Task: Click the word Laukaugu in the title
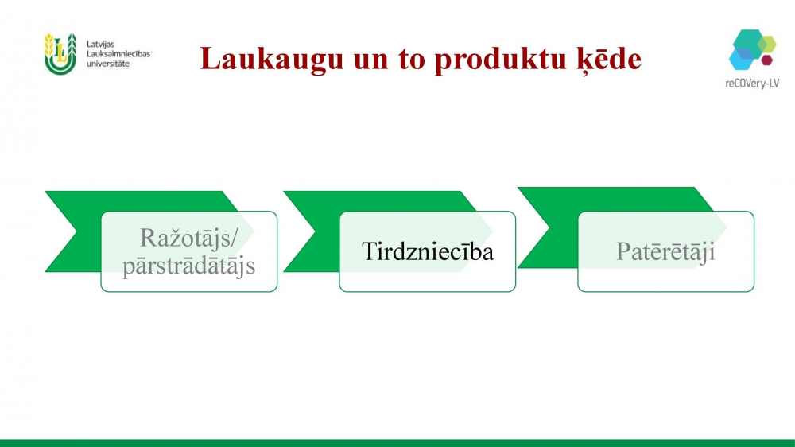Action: coord(272,60)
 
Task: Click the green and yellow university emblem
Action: coord(60,54)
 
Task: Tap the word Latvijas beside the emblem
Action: coord(100,44)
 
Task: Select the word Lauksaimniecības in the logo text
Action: coord(118,54)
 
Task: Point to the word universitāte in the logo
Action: coord(107,64)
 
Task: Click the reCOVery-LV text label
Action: coord(752,84)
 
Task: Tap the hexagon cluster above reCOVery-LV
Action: coord(752,49)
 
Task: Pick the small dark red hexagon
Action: coord(766,60)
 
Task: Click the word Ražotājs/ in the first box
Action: coord(188,238)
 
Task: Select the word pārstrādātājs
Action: coord(188,266)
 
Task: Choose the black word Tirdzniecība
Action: coord(428,251)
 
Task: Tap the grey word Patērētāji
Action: coord(665,251)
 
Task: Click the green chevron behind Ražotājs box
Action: coord(76,231)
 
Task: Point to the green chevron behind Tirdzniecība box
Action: coord(314,231)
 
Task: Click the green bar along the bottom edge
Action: coord(397,443)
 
